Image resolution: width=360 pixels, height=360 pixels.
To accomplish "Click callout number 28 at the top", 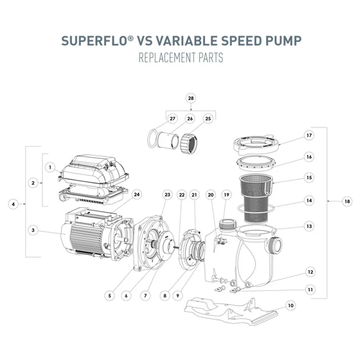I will [191, 98].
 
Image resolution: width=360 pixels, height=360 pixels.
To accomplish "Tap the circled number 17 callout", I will [309, 135].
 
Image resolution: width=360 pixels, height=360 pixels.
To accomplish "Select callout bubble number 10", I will [291, 306].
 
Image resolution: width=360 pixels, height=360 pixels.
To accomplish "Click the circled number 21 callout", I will [194, 195].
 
